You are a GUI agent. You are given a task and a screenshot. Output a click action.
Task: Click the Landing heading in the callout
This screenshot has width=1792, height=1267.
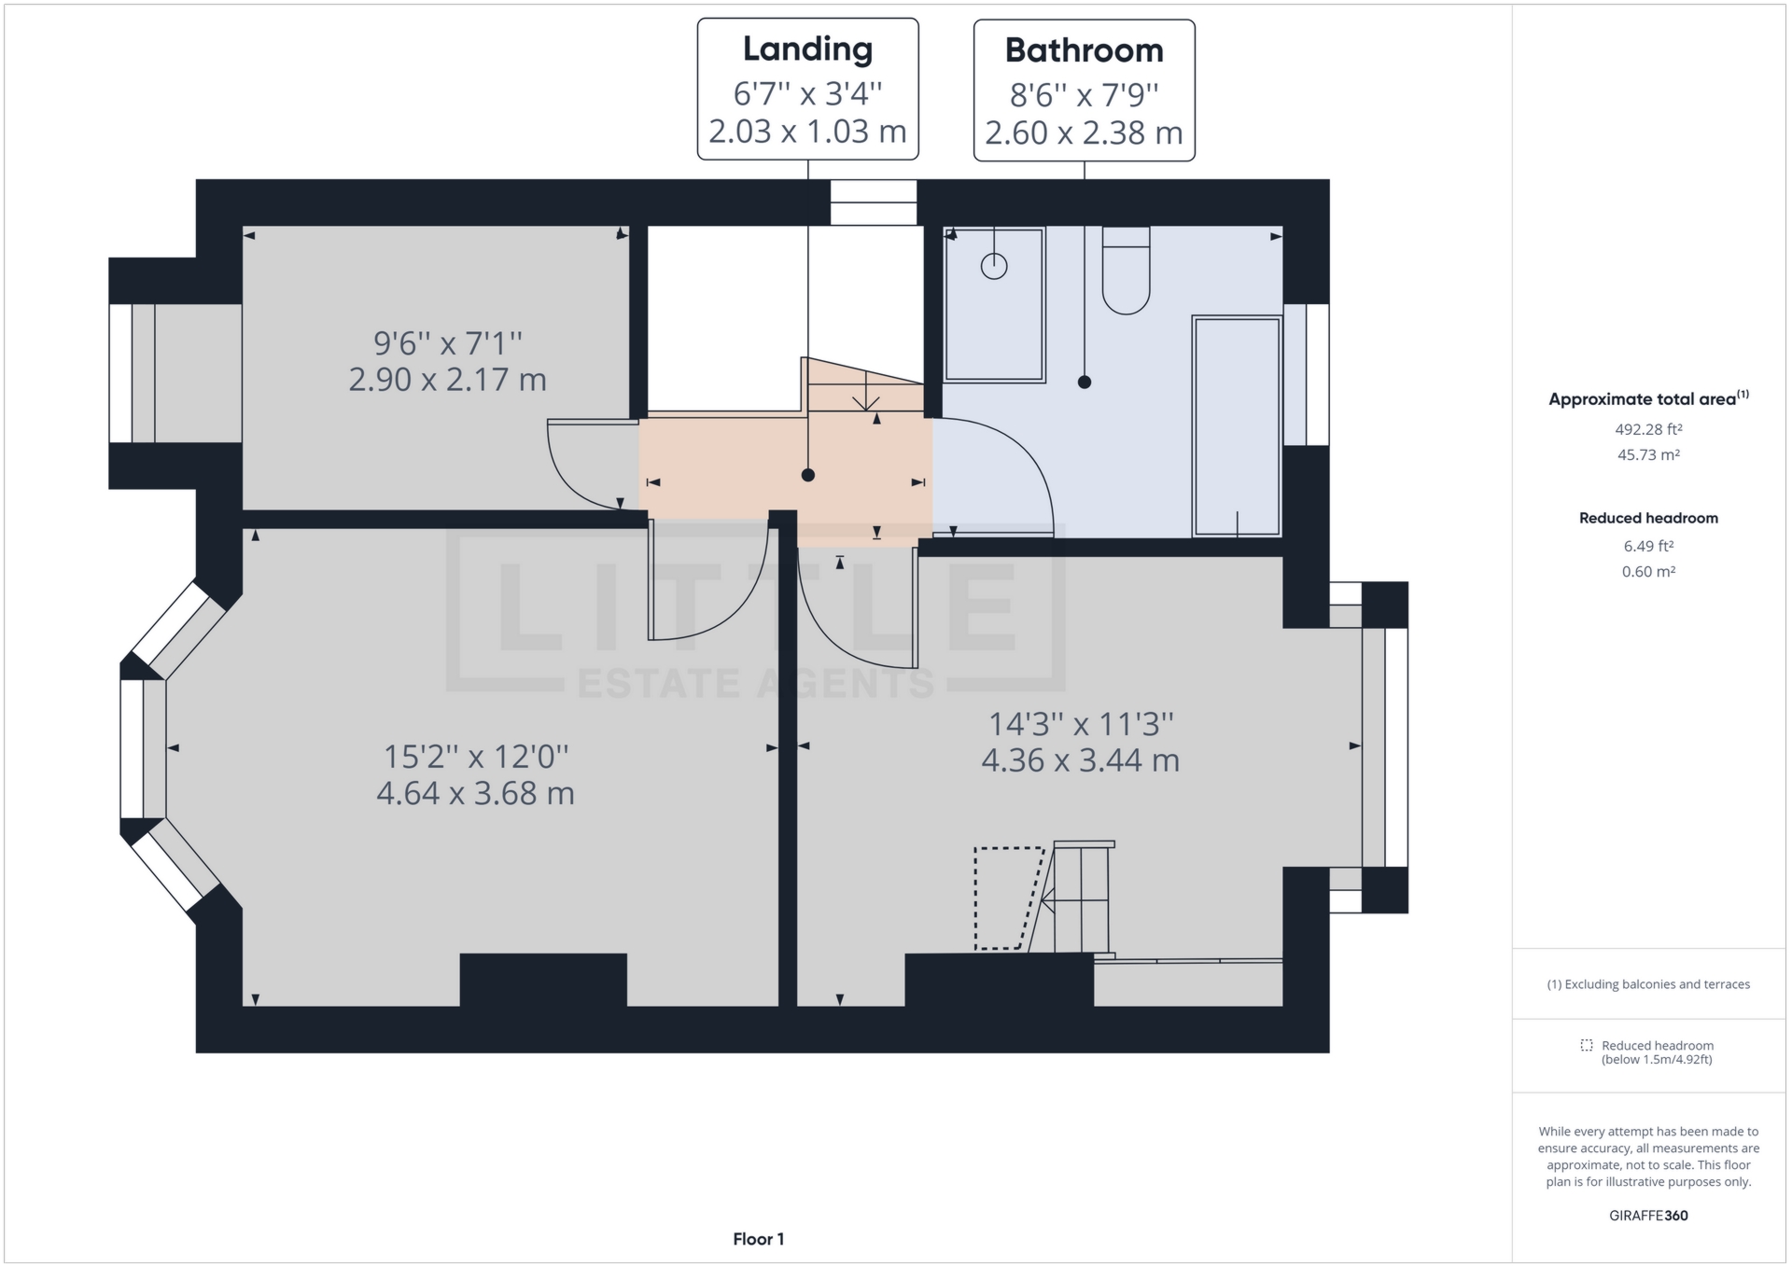tap(807, 49)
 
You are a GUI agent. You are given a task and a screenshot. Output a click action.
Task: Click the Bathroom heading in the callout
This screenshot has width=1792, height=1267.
tap(1084, 50)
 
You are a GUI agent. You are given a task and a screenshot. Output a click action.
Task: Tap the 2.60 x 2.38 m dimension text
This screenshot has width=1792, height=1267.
tap(1084, 133)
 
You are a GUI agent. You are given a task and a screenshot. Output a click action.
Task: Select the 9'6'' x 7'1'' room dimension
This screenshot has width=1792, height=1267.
tap(447, 343)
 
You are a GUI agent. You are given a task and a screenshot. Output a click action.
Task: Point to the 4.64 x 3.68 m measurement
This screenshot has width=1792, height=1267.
tap(475, 793)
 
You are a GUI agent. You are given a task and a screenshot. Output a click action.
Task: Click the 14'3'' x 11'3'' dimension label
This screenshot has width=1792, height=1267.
tap(1080, 724)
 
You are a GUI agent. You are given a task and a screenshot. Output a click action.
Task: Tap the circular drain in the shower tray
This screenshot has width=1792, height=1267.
tap(994, 267)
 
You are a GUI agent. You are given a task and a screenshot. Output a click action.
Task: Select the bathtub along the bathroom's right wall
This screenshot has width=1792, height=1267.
tap(1237, 426)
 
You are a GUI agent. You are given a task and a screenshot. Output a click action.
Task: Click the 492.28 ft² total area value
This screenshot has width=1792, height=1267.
tap(1648, 430)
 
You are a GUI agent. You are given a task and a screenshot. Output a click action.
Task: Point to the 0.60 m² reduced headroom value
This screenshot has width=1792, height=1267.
tap(1648, 572)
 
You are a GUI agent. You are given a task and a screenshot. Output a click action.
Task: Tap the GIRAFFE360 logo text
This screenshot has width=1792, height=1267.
tap(1648, 1216)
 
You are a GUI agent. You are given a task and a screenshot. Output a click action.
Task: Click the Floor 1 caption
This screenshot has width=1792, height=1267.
tap(758, 1239)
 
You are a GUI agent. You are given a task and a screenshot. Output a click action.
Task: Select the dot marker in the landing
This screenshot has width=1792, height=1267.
tap(808, 475)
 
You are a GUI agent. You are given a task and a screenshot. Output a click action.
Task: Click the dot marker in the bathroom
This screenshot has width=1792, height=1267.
tap(1085, 382)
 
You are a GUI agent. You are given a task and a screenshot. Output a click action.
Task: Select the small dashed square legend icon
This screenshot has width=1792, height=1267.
tap(1587, 1045)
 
